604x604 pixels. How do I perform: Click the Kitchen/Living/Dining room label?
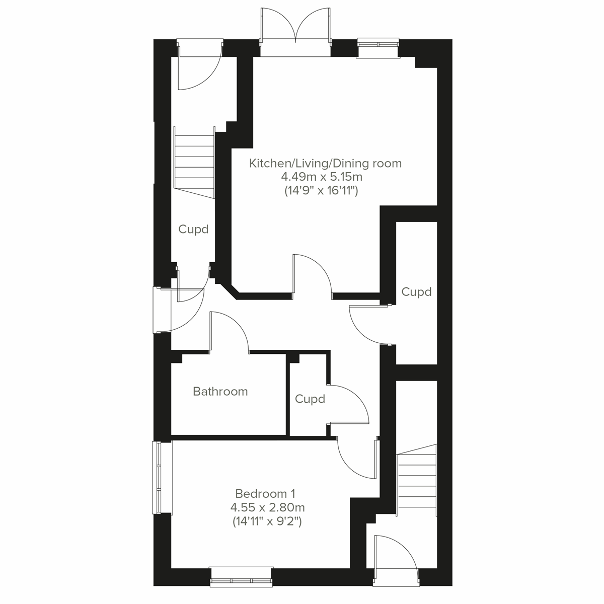point(326,163)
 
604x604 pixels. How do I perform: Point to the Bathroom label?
point(220,391)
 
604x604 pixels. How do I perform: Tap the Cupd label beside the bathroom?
point(310,399)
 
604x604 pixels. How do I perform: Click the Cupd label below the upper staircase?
point(193,230)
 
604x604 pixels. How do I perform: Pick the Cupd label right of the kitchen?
point(416,292)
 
